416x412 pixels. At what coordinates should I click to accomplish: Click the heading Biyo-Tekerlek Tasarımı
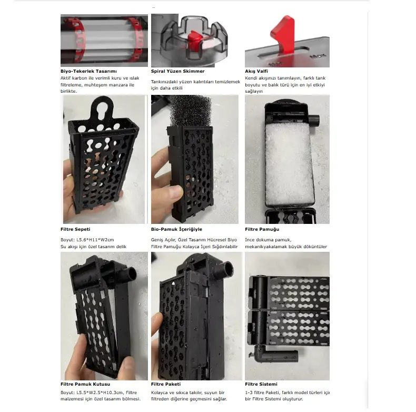(88, 71)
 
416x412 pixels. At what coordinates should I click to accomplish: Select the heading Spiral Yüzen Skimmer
(178, 71)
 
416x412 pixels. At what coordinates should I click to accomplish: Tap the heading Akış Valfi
(256, 71)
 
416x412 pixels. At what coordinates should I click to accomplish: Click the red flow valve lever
(283, 34)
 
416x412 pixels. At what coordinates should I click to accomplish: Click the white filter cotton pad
(289, 164)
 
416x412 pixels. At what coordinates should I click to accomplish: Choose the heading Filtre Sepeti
(75, 229)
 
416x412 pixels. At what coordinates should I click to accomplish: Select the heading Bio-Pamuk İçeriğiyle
(176, 229)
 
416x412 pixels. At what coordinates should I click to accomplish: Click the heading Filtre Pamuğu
(262, 229)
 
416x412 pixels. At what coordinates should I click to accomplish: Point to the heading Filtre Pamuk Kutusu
(85, 384)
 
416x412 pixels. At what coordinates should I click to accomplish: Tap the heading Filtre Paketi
(165, 384)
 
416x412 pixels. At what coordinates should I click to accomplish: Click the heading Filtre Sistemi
(261, 384)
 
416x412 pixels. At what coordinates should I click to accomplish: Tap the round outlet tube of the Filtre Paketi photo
(226, 268)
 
